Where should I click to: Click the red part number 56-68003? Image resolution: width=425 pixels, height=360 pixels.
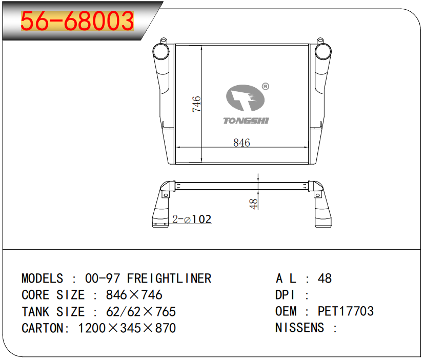click(x=77, y=21)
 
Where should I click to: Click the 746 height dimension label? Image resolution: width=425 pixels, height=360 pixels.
click(x=196, y=104)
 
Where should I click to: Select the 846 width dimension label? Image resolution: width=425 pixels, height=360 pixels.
click(x=241, y=143)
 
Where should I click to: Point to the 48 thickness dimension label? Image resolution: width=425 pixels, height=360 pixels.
click(x=253, y=204)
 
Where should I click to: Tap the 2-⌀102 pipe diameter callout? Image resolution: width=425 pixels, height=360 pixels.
click(x=192, y=219)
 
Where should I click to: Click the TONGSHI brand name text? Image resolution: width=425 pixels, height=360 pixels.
click(x=246, y=121)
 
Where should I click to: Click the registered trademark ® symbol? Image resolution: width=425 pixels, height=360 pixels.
click(x=266, y=87)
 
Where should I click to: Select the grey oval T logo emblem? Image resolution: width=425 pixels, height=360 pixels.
click(x=245, y=98)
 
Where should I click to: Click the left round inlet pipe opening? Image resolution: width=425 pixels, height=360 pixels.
click(x=161, y=51)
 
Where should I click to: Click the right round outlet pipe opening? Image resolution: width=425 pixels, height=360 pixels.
click(x=323, y=51)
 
